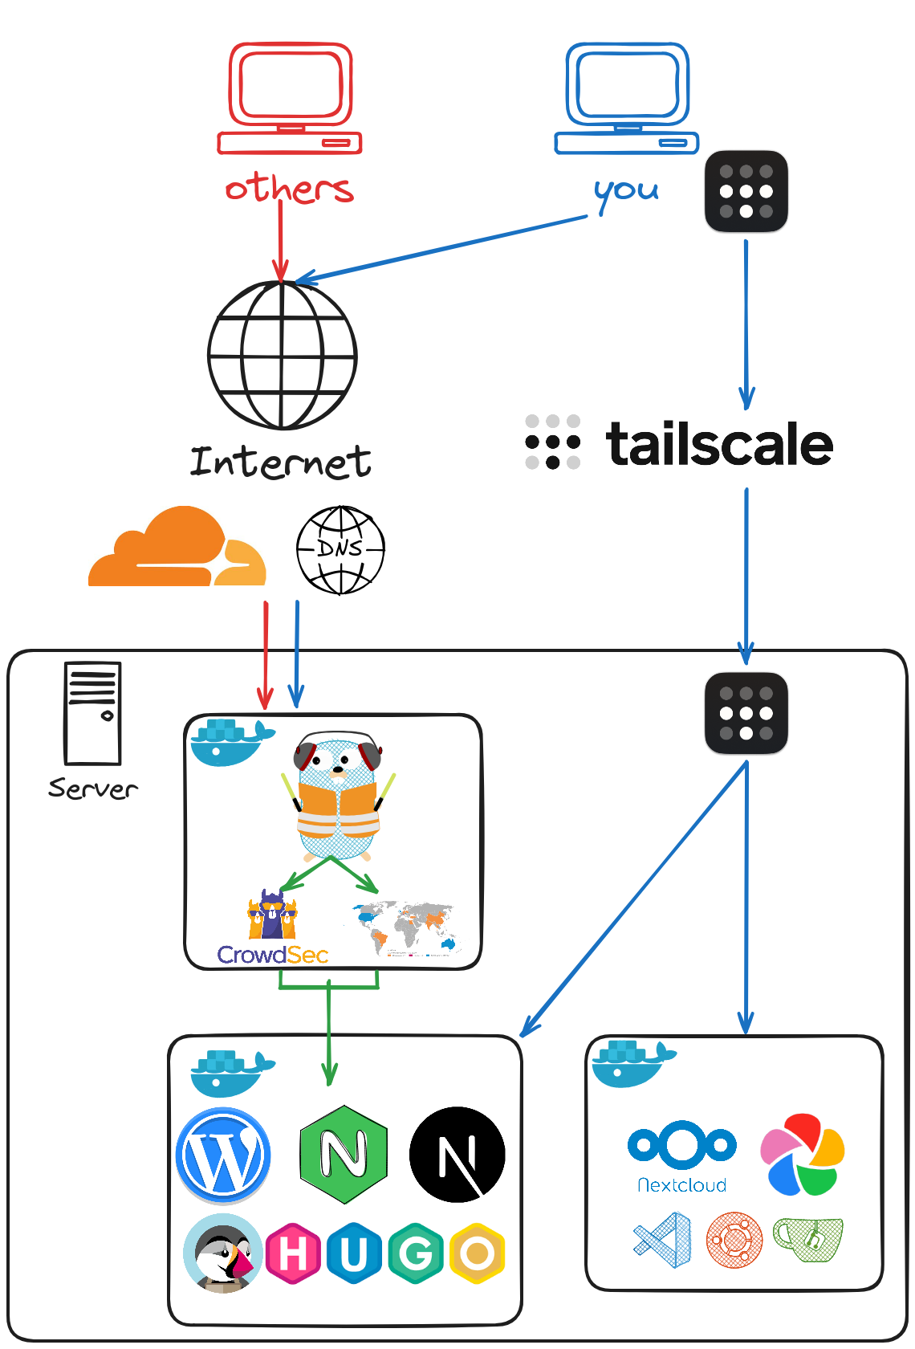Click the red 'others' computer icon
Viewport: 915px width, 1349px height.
pos(290,97)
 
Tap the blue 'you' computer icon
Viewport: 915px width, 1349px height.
pos(627,97)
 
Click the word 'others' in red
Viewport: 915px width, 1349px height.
pos(289,189)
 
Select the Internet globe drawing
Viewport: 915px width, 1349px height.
pos(283,355)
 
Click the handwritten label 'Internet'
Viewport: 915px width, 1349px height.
pos(281,463)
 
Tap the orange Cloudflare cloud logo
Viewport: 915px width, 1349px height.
pos(177,549)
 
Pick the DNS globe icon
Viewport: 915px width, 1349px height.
pos(340,550)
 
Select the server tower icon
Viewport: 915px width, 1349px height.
pos(92,713)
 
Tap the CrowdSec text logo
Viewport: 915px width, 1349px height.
pos(273,955)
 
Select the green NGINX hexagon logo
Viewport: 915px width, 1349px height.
pos(344,1155)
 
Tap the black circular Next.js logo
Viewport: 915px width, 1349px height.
pos(458,1155)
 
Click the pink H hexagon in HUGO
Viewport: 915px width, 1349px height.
pos(293,1253)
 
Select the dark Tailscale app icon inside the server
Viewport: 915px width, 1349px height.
pos(746,713)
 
